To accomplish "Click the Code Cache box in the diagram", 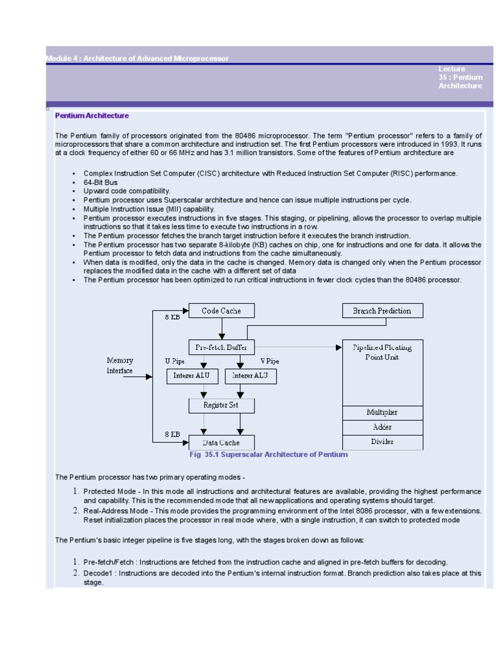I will [x=221, y=311].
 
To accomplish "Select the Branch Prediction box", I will [x=382, y=311].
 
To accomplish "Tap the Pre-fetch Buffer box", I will [x=221, y=347].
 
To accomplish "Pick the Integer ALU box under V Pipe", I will [x=249, y=376].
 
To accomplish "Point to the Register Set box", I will [x=221, y=405].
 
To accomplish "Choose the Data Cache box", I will [x=221, y=442].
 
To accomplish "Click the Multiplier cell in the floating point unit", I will [x=382, y=412].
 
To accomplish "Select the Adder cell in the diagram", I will [x=382, y=427].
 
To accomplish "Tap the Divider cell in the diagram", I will [x=382, y=442].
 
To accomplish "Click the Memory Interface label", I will [x=120, y=365].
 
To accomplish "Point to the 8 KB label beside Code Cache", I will [x=172, y=317].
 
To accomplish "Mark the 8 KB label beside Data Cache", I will [x=172, y=434].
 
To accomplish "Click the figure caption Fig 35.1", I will [x=268, y=454].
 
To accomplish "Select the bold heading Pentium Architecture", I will [x=92, y=116].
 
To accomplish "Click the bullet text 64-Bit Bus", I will [x=101, y=183].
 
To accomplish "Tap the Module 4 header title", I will [x=138, y=59].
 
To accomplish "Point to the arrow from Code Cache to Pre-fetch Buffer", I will [x=221, y=329].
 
